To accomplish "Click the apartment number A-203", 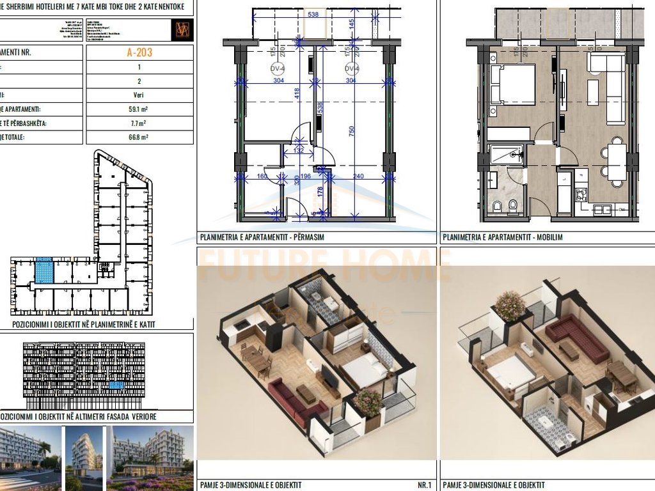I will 139,52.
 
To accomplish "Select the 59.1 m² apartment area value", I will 139,108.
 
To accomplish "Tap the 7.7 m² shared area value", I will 139,123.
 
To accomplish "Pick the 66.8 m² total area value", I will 139,137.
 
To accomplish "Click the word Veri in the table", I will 139,95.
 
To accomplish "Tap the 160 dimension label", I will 262,176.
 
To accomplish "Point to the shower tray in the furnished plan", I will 506,155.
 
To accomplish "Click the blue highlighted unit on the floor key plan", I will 43,270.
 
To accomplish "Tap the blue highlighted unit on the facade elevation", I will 116,386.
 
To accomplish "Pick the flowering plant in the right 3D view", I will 510,306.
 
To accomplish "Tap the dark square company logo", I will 181,29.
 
